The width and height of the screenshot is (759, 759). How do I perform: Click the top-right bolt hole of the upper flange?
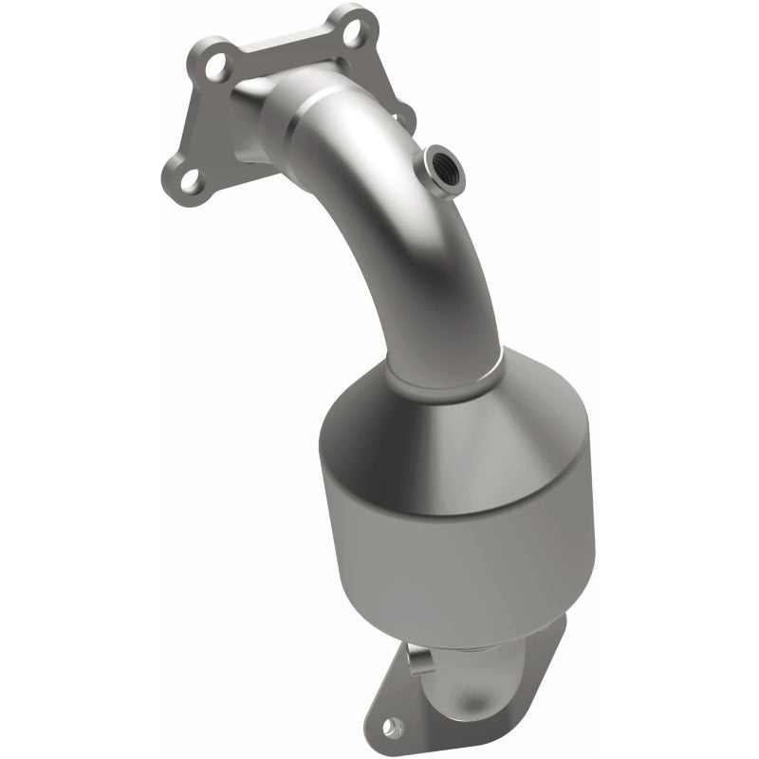353,29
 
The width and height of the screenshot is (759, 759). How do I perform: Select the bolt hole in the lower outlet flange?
394,728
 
